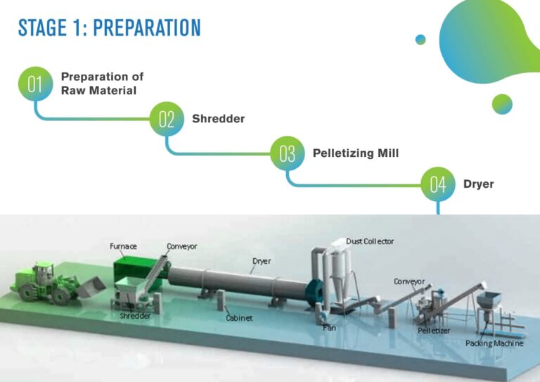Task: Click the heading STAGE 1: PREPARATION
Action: [109, 28]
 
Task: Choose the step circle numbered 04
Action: [438, 184]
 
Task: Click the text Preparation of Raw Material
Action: [103, 83]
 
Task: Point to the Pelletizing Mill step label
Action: [355, 153]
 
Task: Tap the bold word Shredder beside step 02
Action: [218, 119]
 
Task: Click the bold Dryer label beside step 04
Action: [478, 184]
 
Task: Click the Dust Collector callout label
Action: [370, 241]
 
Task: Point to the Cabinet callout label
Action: [240, 318]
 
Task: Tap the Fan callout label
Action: [329, 328]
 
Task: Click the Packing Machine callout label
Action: [494, 343]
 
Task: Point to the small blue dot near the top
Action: [420, 39]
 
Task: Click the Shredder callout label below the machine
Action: [135, 316]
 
